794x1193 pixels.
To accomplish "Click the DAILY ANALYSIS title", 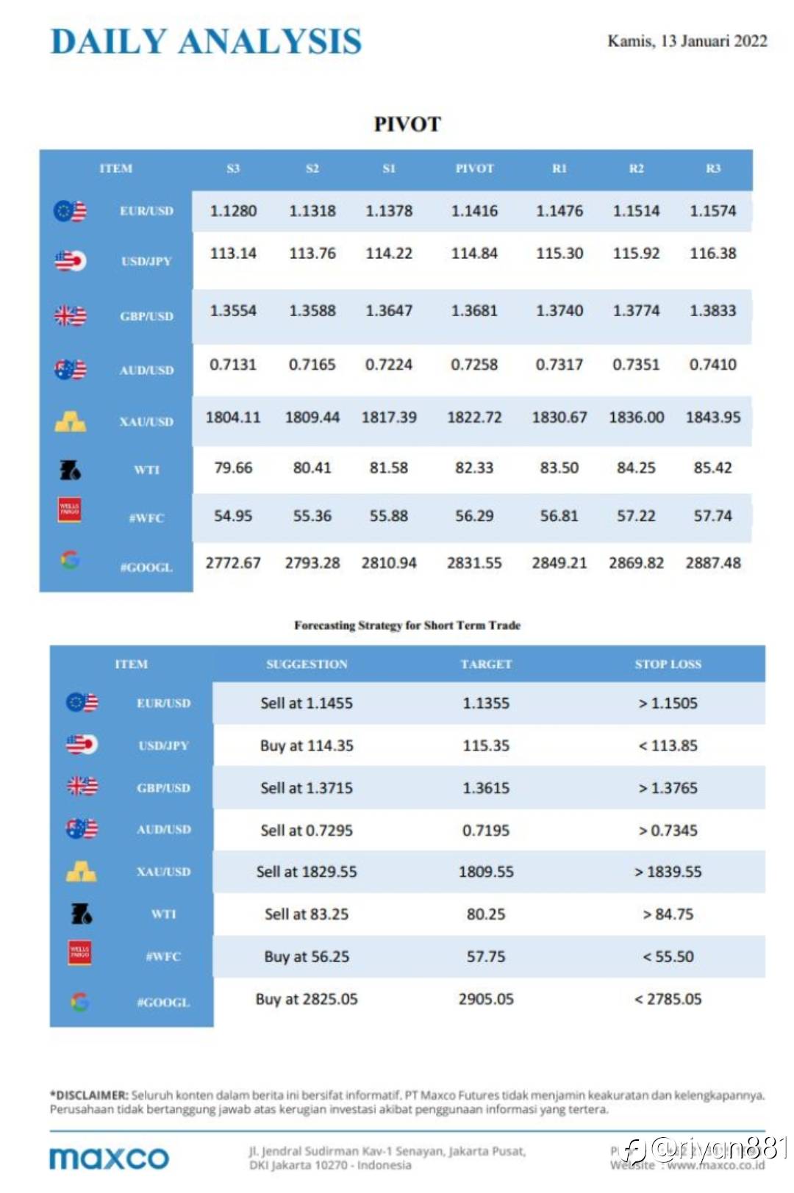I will (x=206, y=41).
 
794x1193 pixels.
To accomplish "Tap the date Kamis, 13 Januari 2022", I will (x=687, y=41).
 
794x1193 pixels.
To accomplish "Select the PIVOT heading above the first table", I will (x=407, y=124).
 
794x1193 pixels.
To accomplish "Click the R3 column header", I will (x=712, y=168).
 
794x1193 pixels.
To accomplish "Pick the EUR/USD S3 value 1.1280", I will (x=233, y=211).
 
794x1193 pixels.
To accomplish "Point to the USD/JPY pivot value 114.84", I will (x=474, y=254).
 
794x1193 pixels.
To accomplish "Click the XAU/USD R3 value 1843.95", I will (x=712, y=418).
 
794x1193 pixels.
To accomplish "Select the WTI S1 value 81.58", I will (x=388, y=468).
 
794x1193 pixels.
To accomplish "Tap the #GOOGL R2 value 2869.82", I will (x=636, y=563).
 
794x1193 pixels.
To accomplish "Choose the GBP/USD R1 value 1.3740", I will (x=559, y=311).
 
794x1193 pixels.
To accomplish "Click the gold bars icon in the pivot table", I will (x=70, y=421).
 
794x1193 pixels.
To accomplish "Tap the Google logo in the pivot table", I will (x=70, y=560).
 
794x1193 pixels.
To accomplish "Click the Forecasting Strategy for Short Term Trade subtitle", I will (x=407, y=626).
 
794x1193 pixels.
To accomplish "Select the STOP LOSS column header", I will (x=668, y=664).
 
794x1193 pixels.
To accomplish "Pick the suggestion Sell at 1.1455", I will (x=307, y=703).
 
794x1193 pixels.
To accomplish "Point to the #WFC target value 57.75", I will (x=486, y=957).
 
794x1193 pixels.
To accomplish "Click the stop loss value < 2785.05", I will (x=668, y=1000).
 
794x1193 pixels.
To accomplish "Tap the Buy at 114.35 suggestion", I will (x=307, y=746).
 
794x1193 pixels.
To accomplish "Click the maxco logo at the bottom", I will (x=109, y=1158).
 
